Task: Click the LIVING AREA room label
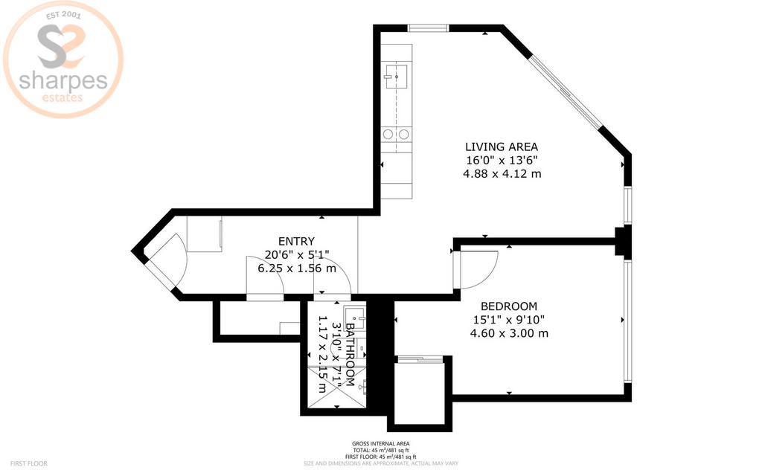[502, 147]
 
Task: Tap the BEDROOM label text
[509, 306]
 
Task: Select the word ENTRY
[296, 242]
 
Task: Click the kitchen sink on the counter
[396, 75]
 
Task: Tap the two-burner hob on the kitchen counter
[396, 134]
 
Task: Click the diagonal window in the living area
[565, 91]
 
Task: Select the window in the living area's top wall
[428, 28]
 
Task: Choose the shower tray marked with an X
[337, 387]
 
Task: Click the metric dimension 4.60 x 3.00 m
[509, 333]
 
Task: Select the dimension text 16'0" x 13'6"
[502, 161]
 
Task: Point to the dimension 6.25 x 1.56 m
[296, 268]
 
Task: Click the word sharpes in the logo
[63, 80]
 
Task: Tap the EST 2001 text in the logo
[64, 16]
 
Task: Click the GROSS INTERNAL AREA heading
[380, 443]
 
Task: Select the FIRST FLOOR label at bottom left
[29, 464]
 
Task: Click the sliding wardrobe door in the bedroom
[420, 359]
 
